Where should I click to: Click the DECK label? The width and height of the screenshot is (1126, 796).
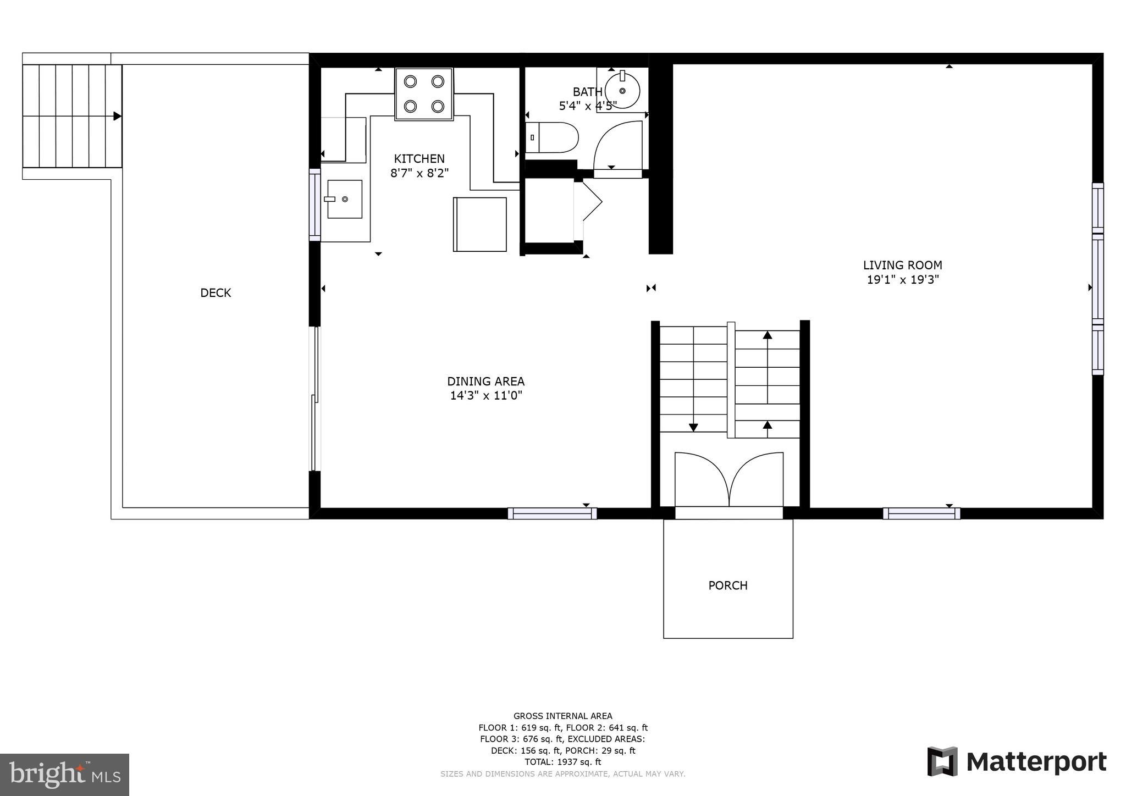coord(216,293)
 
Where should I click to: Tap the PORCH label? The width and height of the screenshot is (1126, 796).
coord(727,585)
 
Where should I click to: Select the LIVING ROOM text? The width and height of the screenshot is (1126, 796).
coord(902,265)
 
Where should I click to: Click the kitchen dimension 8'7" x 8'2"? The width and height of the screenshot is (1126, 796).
coord(420,173)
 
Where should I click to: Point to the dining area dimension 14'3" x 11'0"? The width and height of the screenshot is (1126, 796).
coord(485,396)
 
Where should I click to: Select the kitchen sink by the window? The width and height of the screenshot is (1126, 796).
coord(345,199)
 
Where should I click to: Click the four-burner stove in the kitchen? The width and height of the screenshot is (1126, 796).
coord(424,93)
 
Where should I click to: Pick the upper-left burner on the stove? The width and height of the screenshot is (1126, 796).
coord(410,81)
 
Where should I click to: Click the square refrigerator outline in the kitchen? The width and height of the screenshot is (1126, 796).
coord(479,224)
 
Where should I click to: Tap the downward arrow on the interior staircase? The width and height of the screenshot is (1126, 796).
coord(693,427)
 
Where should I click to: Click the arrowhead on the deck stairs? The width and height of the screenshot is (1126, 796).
coord(117,116)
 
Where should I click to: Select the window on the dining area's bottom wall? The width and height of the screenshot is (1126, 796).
coord(552,513)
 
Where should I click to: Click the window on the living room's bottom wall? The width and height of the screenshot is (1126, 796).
coord(921,513)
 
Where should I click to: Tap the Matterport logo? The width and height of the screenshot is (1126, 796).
coord(1017,762)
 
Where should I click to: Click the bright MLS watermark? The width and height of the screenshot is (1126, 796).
coord(64,775)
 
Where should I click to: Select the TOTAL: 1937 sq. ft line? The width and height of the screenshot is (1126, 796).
coord(562,762)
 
